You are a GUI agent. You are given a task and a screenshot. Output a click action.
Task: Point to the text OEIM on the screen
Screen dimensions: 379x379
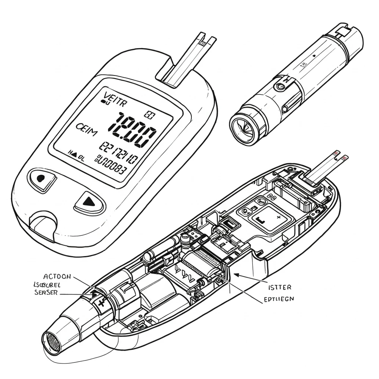click(x=86, y=128)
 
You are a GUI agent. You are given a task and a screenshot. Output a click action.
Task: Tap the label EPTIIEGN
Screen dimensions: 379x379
click(x=278, y=299)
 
